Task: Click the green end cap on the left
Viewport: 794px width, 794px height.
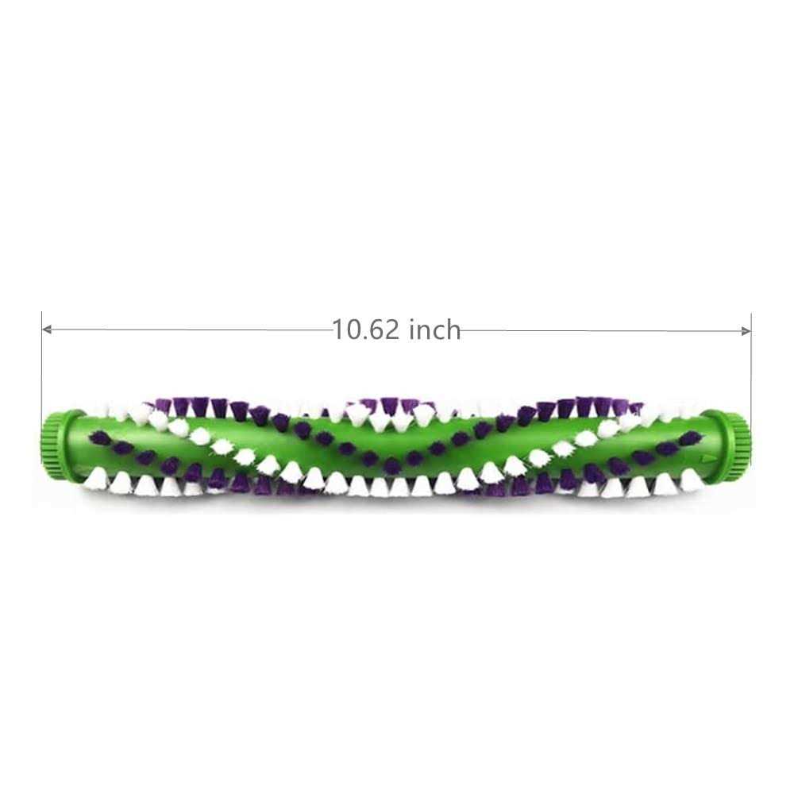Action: click(56, 437)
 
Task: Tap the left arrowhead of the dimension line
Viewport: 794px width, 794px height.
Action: click(46, 330)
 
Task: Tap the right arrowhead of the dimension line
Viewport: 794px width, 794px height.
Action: click(746, 331)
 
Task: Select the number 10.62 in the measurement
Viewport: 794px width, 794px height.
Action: click(365, 330)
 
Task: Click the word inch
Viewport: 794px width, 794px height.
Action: click(435, 330)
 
